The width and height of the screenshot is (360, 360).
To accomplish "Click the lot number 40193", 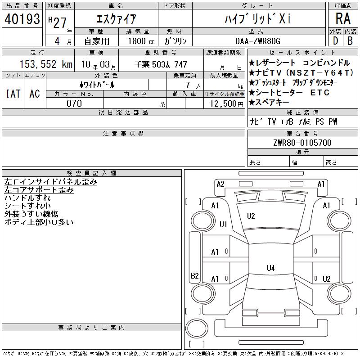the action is click(x=22, y=19).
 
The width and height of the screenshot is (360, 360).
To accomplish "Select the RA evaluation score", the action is click(x=343, y=18).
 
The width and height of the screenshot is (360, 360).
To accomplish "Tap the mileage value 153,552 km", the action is click(x=46, y=64).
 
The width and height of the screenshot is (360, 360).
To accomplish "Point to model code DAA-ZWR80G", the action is click(x=258, y=41).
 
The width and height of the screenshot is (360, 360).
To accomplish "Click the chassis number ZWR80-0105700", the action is click(x=302, y=143).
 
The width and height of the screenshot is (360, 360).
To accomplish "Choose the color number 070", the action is click(x=74, y=103).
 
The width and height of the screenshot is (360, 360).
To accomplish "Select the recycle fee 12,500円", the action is click(x=227, y=104).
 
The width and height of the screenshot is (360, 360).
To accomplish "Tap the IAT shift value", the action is click(x=13, y=94).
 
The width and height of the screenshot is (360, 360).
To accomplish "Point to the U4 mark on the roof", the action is click(x=271, y=268).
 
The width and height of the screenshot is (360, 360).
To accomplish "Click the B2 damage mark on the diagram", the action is click(x=195, y=275).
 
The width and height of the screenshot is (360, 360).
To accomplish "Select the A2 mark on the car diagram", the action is click(x=220, y=184).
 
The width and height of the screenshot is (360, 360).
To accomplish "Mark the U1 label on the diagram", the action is click(x=223, y=224).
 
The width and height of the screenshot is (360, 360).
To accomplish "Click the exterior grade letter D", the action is click(x=335, y=41).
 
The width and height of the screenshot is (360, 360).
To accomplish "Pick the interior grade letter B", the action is click(x=350, y=41).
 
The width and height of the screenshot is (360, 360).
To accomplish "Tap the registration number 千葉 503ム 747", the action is click(x=161, y=64).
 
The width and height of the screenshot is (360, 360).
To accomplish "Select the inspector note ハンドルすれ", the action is click(x=27, y=198).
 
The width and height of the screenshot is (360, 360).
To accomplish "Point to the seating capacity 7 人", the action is click(x=193, y=85).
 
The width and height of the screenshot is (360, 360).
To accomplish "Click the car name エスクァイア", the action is click(x=117, y=19).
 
